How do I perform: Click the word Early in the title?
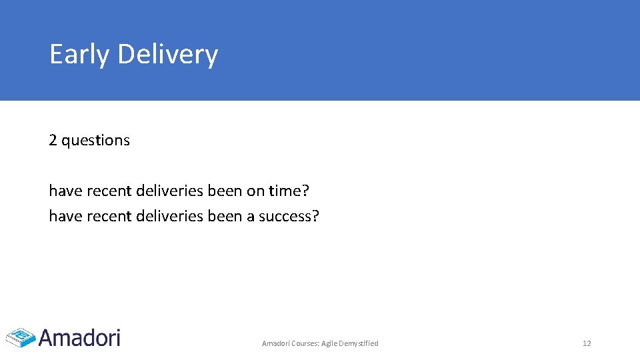79,55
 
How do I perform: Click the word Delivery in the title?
167,55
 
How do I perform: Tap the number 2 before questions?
53,141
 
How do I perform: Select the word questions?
95,141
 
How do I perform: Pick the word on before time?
255,191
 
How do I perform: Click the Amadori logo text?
80,338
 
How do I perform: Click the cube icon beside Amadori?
20,337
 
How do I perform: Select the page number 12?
587,343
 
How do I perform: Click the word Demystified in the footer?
359,343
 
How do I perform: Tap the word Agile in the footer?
330,343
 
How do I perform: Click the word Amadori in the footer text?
275,343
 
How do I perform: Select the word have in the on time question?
65,191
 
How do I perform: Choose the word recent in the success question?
108,217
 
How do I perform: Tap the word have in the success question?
65,217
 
